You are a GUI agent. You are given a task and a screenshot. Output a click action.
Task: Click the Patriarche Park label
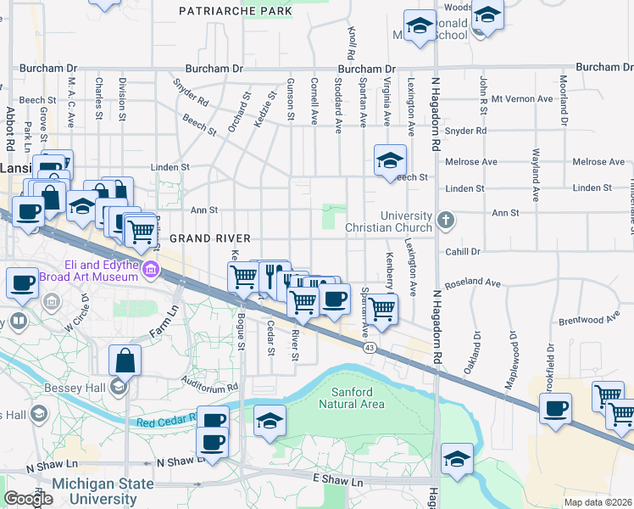236,11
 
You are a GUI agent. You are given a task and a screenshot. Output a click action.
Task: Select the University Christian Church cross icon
447,222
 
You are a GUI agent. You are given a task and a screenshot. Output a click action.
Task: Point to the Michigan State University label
103,490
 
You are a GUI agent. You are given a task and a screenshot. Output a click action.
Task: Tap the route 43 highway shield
370,348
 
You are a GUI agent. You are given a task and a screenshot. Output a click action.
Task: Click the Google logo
27,499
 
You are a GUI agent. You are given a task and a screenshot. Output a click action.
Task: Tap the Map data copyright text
599,502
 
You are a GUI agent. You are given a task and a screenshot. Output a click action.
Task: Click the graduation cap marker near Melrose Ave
390,159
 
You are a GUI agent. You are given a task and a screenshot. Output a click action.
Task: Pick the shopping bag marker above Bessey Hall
125,360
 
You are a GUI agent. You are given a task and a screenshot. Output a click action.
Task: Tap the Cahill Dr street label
463,251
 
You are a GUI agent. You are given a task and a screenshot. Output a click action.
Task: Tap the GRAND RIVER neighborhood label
201,239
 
